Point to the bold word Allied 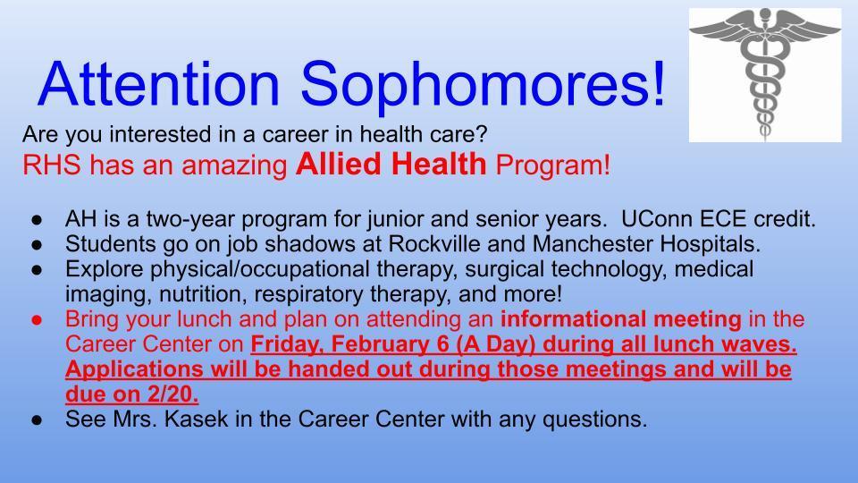pos(337,165)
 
